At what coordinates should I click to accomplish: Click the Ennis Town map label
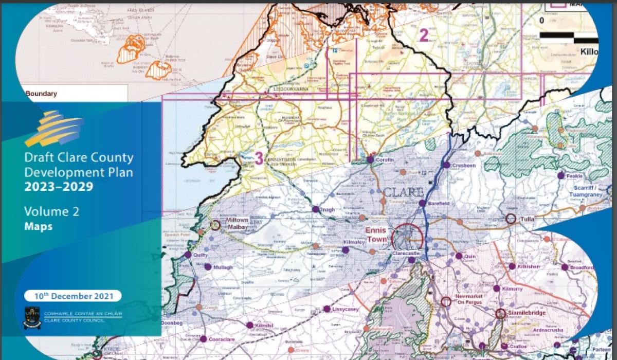coord(376,235)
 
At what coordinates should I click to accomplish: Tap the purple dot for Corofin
coord(370,160)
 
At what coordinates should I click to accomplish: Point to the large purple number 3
coord(259,158)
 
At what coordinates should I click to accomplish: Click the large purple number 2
coord(424,35)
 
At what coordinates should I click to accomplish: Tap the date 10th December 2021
coord(73,296)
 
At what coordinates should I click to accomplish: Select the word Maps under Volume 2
coord(38,226)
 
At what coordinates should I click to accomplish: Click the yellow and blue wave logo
coord(53,128)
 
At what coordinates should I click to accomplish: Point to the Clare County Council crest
coord(32,317)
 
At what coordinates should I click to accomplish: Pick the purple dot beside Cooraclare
coord(203,339)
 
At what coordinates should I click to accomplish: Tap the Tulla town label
coord(528,219)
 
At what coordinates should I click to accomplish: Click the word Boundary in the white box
coord(41,94)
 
